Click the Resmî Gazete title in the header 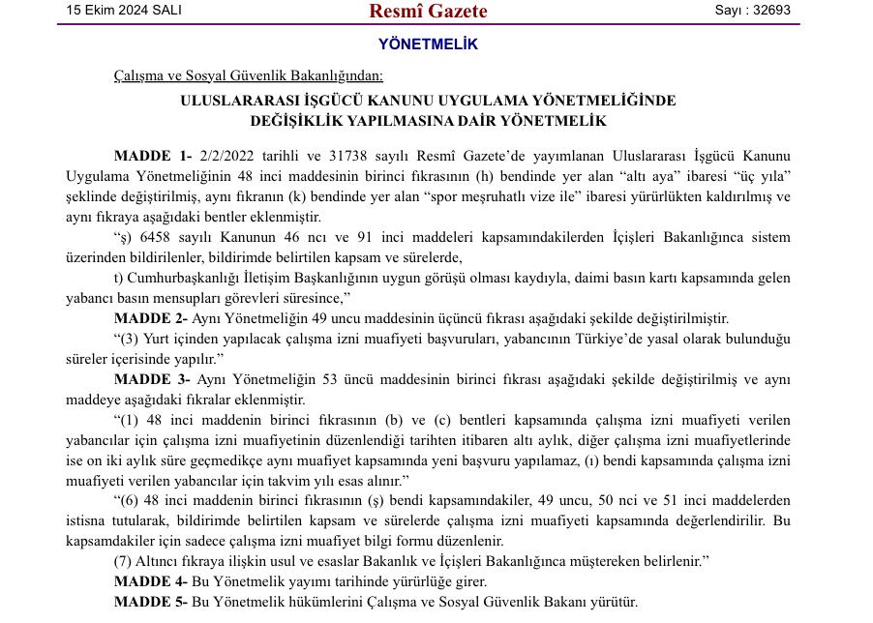pos(428,12)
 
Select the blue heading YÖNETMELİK pos(428,44)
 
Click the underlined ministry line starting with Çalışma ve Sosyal pos(248,75)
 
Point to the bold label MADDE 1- pos(153,156)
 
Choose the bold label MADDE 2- pos(150,318)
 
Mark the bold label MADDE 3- pos(152,379)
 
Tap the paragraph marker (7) pos(122,561)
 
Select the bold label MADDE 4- pos(150,581)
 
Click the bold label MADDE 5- pos(150,602)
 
